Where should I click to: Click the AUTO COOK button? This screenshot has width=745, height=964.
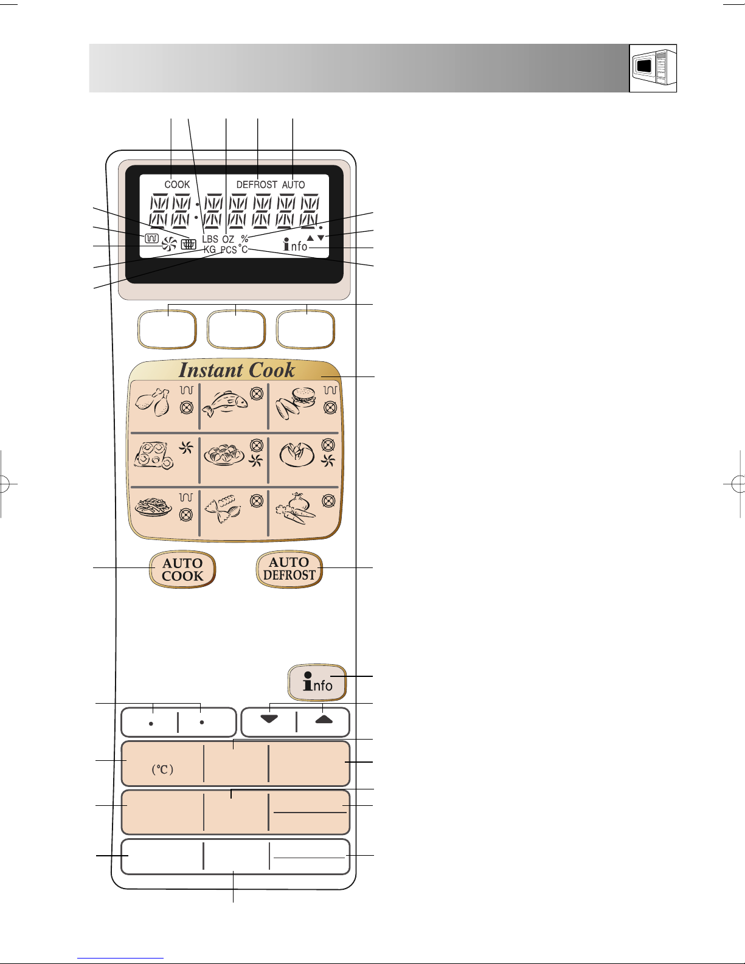point(182,570)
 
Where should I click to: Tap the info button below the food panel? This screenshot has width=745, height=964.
point(317,682)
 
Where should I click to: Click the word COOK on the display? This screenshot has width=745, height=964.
point(177,184)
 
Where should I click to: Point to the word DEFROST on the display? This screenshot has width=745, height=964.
point(257,184)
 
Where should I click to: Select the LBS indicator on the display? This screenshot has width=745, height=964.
point(210,239)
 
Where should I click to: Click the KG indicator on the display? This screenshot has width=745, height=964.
point(210,250)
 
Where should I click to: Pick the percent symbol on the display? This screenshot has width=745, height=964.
point(244,238)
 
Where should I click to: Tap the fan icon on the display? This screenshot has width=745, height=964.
point(169,244)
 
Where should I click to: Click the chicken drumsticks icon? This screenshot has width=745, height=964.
point(153,402)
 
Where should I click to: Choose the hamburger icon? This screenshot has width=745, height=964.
point(296,403)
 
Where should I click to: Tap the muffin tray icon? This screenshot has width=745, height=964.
point(153,456)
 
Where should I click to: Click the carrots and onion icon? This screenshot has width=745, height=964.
point(296,508)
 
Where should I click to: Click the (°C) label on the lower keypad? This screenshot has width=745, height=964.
point(162,769)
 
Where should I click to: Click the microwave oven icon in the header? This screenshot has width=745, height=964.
point(653,68)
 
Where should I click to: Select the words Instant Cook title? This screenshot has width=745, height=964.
point(237,370)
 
